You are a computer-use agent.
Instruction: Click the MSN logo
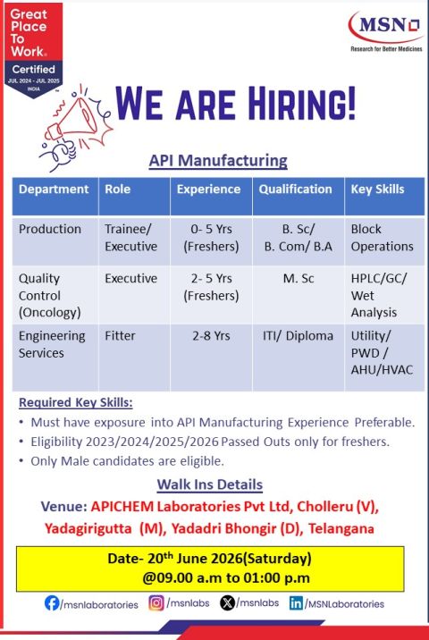pyautogui.click(x=386, y=31)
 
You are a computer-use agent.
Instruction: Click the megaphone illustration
pyautogui.click(x=76, y=127)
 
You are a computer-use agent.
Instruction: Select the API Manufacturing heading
pyautogui.click(x=218, y=160)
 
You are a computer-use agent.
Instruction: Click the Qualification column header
pyautogui.click(x=295, y=189)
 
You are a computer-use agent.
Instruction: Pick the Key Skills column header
pyautogui.click(x=377, y=189)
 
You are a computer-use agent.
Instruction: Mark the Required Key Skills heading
pyautogui.click(x=75, y=402)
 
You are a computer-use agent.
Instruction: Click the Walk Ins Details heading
pyautogui.click(x=210, y=484)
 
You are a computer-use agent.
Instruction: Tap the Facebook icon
pyautogui.click(x=52, y=602)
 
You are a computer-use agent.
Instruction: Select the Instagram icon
pyautogui.click(x=156, y=602)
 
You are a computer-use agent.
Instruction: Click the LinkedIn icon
pyautogui.click(x=296, y=602)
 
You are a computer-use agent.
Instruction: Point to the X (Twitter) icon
pyautogui.click(x=227, y=602)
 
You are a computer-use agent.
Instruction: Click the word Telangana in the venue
pyautogui.click(x=341, y=528)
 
